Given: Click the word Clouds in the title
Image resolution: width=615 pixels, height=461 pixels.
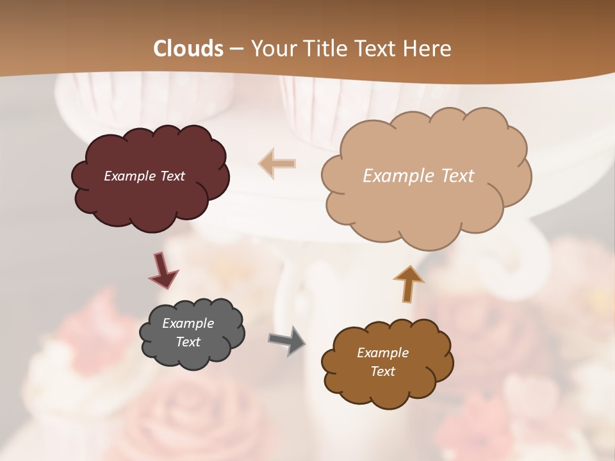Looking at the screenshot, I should point(188,49).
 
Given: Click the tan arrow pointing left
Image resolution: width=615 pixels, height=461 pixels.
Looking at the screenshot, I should point(277,163).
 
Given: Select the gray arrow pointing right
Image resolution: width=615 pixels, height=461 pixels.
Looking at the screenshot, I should point(287,340).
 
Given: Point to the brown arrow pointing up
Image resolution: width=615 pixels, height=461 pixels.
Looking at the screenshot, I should point(409,283).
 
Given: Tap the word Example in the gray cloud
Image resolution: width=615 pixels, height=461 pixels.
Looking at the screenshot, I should point(188,323).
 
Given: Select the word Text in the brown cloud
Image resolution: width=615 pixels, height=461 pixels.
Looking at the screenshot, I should point(382,371).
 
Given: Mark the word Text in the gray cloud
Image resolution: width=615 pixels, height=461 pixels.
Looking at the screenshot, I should point(188,342).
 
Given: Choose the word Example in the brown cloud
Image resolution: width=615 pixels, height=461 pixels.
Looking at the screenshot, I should point(382,353).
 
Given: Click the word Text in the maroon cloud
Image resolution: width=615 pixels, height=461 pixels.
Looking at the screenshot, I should point(172,176).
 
